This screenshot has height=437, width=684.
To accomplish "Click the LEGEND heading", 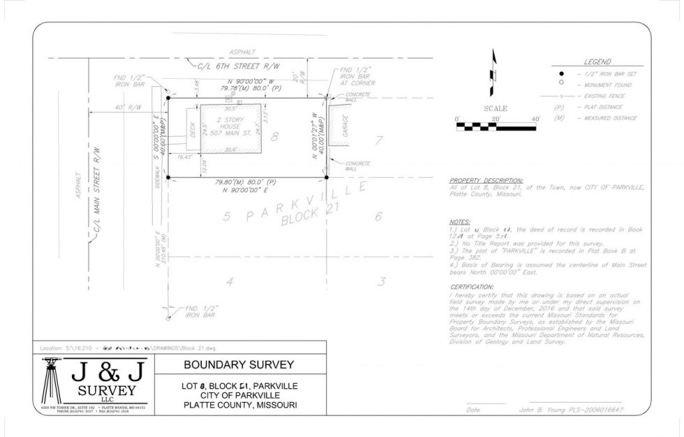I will click(597, 62).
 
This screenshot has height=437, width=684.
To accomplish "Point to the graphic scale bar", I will click(497, 127).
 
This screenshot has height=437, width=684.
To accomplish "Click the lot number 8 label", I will click(275, 137).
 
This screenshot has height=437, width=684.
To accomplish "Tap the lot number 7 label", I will click(379, 140).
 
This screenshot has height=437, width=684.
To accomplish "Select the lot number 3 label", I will click(381, 281).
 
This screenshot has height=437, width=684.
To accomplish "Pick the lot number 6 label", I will click(378, 216).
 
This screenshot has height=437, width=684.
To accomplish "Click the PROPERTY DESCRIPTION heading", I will click(486, 180).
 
